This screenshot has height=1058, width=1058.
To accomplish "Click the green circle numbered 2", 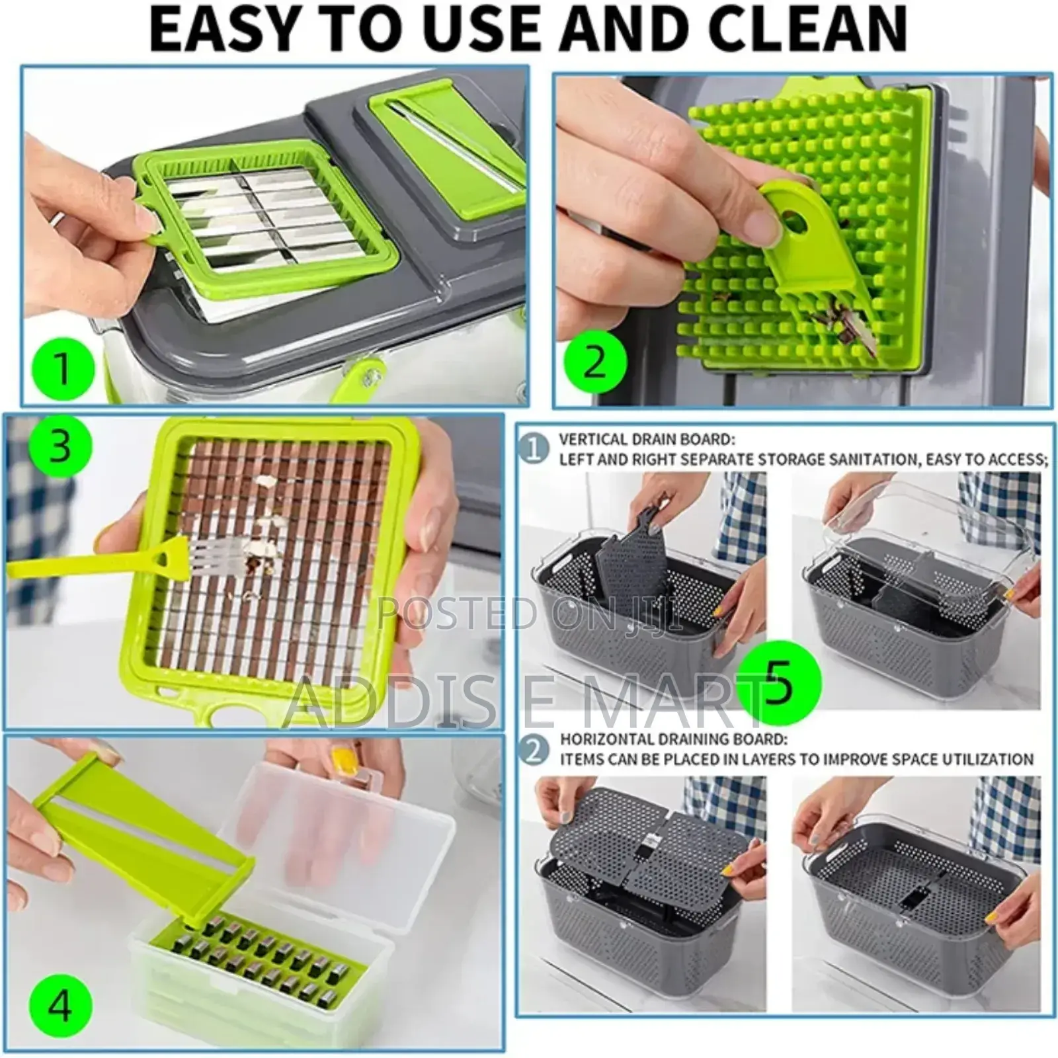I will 594,362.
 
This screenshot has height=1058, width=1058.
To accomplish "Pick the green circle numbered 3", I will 59,446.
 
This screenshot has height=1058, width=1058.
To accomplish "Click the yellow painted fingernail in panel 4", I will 345,768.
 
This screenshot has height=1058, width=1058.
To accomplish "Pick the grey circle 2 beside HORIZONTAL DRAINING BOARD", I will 534,749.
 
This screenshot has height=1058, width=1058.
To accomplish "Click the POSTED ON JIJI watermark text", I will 529,614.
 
